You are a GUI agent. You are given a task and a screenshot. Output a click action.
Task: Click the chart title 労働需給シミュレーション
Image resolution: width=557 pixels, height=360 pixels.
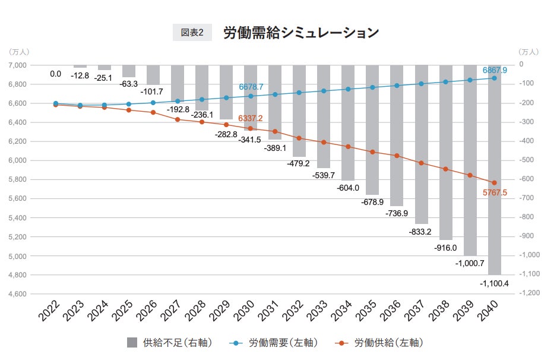tap(300, 33)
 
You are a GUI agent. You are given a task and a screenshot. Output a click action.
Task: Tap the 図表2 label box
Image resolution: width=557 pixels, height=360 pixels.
tap(192, 33)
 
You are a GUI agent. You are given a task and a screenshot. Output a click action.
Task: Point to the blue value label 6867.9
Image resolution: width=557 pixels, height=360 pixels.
tap(495, 70)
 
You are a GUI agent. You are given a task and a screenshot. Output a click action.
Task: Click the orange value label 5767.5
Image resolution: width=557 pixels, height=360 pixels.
tap(495, 193)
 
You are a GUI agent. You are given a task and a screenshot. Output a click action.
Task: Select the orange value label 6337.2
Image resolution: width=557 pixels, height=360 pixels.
tap(251, 119)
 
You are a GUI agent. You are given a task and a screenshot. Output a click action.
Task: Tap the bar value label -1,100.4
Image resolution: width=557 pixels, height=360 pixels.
tap(494, 283)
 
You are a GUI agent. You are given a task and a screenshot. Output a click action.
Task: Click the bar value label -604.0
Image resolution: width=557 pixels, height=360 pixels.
tap(348, 188)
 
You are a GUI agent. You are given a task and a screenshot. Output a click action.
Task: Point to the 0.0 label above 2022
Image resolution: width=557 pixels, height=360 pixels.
tap(56, 74)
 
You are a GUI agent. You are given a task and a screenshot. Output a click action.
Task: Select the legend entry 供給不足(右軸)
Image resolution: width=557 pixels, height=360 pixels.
tap(169, 343)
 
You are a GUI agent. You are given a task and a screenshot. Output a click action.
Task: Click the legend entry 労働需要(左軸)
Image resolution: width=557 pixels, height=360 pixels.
tap(274, 343)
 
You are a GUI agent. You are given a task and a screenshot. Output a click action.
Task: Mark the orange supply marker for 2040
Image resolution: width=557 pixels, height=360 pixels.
tap(494, 182)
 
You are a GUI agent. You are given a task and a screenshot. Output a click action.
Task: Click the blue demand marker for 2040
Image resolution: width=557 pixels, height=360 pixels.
tap(494, 78)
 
